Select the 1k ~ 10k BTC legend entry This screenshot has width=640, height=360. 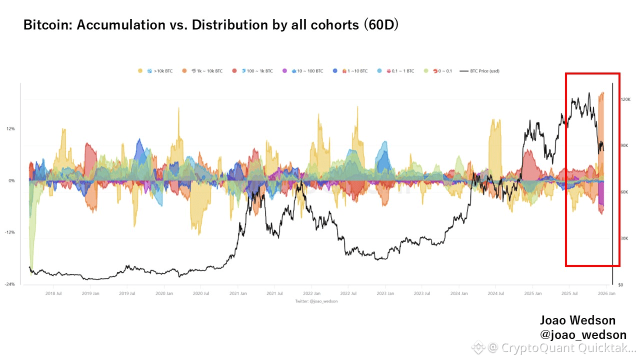(206, 71)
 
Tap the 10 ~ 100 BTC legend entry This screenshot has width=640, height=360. (306, 71)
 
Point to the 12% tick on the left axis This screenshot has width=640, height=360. (10, 128)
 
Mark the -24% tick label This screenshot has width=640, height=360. (10, 284)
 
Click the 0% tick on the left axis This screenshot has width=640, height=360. (11, 180)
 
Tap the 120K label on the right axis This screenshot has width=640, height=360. (625, 99)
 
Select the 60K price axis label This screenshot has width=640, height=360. (624, 192)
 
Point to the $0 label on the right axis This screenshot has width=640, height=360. (620, 285)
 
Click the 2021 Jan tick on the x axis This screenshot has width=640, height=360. (238, 294)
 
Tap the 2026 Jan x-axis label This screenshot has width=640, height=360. (606, 294)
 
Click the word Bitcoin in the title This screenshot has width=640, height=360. (48, 25)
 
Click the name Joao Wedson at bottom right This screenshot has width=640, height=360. (577, 320)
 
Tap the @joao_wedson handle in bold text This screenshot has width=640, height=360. (583, 335)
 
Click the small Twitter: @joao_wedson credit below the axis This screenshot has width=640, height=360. (316, 301)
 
